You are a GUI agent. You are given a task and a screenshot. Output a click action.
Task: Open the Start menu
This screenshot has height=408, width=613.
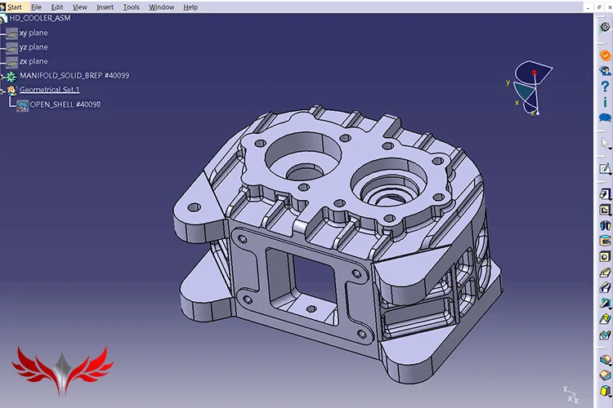click(15, 7)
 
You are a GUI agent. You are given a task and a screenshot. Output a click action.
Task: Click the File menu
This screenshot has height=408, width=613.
click(36, 7)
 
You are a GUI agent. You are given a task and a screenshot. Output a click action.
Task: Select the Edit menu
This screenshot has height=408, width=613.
click(57, 7)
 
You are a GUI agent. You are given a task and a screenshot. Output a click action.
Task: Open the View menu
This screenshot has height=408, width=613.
click(80, 7)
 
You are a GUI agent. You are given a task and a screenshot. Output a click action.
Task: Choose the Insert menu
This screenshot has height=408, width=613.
click(105, 7)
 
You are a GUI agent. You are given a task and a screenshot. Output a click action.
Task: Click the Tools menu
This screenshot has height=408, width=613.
click(132, 7)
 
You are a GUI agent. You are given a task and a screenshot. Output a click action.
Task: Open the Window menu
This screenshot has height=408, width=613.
click(162, 7)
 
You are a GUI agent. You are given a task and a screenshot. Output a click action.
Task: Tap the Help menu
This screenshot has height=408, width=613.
click(190, 7)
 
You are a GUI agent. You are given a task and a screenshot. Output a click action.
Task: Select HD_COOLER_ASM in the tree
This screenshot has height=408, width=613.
click(40, 18)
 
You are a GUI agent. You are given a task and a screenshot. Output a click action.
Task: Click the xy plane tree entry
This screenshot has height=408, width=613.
click(34, 33)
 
